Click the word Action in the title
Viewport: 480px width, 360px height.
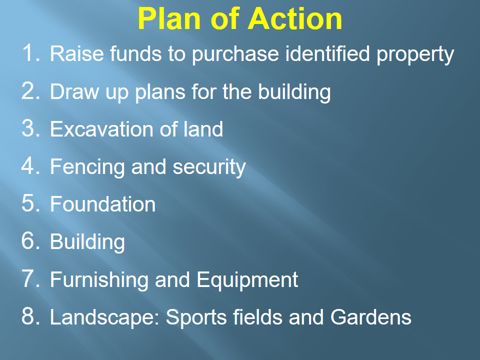coord(295,19)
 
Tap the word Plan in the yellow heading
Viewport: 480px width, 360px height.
coord(169,19)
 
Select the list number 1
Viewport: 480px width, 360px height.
coord(30,53)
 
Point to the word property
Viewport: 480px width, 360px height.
coord(415,55)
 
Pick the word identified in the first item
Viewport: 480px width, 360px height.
coord(327,53)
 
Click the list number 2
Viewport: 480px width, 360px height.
coord(30,91)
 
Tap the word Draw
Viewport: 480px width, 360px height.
coord(74,91)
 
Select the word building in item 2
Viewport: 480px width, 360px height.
coord(294,93)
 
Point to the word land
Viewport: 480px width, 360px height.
coord(203,129)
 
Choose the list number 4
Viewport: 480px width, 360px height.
coord(30,166)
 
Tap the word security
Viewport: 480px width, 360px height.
coord(209,168)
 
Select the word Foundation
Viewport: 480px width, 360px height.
coord(103,204)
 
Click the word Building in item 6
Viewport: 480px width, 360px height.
coord(87,242)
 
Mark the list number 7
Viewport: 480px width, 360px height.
coord(30,279)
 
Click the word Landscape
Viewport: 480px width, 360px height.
coord(104,318)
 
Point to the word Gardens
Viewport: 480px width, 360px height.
coord(371,317)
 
